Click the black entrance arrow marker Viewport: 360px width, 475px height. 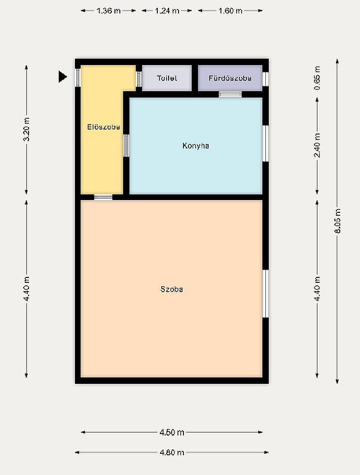pos(62,77)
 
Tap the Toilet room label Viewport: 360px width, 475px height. pos(167,78)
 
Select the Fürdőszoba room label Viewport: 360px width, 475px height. pos(230,78)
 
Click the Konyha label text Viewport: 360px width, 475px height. pos(196,146)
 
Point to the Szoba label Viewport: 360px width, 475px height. pos(172,289)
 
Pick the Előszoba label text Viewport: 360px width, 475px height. pos(104,127)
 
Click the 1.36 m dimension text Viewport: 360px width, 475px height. pos(108,11)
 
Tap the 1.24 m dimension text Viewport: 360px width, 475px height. pos(167,11)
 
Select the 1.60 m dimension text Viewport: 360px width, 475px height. pos(230,11)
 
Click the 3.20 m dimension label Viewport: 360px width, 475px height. pos(27,130)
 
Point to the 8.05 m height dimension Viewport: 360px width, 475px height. pos(337,221)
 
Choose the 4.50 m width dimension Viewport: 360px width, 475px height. pos(172,432)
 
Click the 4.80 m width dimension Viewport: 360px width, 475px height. pos(172,453)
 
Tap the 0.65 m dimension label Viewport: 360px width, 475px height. pos(317,78)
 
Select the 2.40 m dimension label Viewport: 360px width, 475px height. pos(317,146)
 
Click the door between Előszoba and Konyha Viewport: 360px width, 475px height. pos(126,146)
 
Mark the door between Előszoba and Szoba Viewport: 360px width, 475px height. pos(103,197)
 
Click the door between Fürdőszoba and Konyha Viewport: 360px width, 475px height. pos(230,95)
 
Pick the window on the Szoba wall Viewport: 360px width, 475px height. pos(266,294)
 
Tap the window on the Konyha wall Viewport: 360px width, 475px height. pos(266,143)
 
